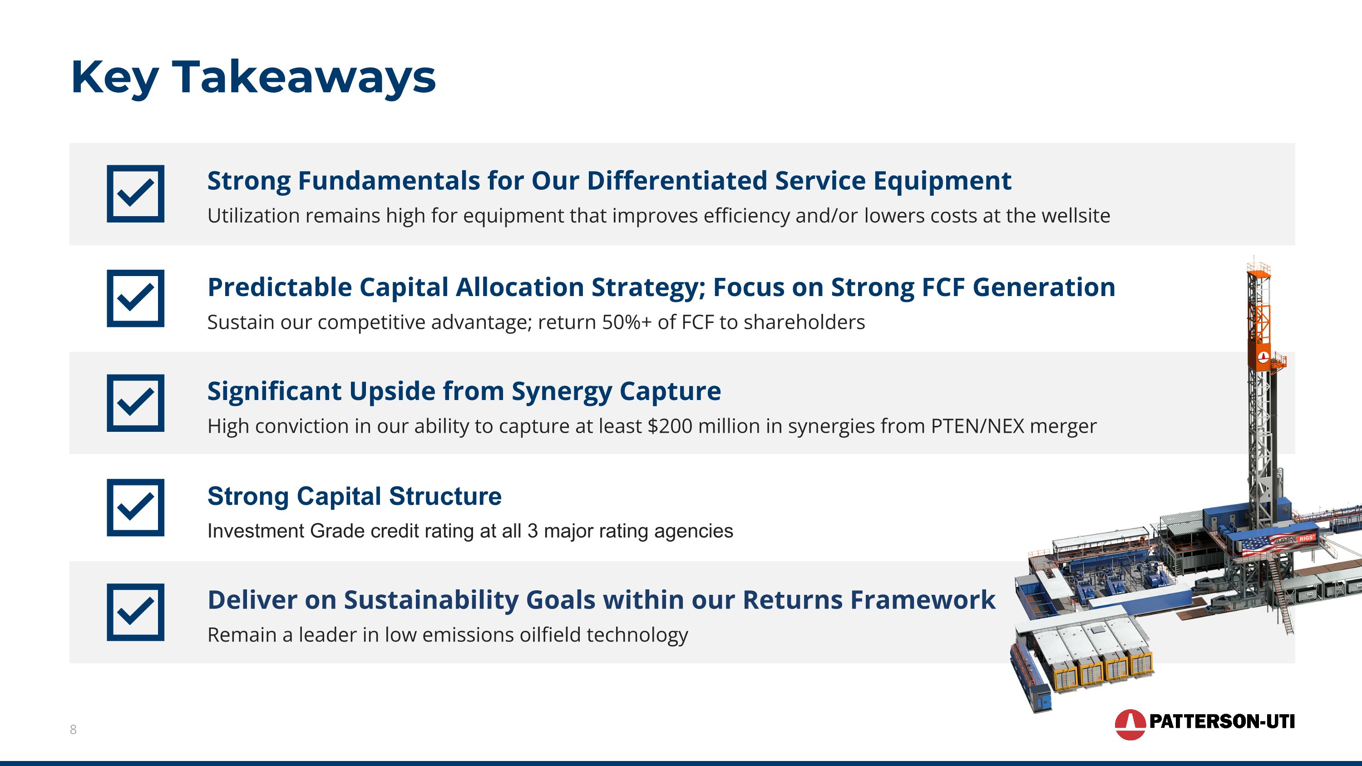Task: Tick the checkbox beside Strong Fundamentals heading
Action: (x=135, y=193)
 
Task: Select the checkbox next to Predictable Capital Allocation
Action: (x=135, y=298)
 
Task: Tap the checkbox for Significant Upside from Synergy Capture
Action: (x=135, y=403)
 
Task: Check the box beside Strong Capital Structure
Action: (x=135, y=508)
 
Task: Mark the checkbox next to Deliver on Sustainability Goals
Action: (x=135, y=612)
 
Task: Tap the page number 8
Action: (x=73, y=730)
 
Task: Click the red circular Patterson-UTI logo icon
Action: (x=1130, y=724)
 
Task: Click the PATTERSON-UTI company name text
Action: (x=1221, y=721)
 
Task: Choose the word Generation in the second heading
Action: (x=1044, y=287)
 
